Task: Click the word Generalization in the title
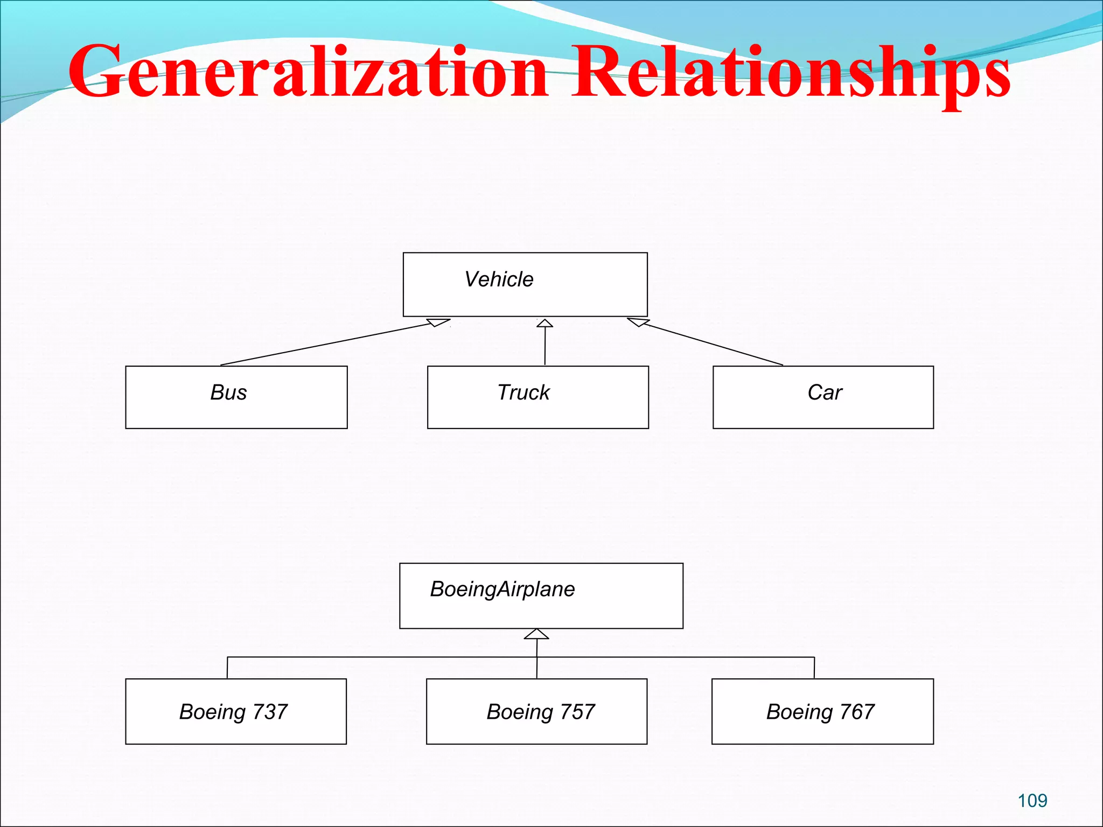(x=307, y=73)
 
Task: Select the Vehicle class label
(x=499, y=279)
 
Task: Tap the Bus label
(x=228, y=393)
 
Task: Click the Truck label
(x=523, y=393)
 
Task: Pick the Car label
(x=825, y=393)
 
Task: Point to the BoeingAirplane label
(x=502, y=589)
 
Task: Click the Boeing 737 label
(x=233, y=712)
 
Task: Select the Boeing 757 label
(x=541, y=712)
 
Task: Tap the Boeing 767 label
(x=820, y=712)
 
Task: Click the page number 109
(x=1032, y=801)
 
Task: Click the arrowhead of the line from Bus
(x=438, y=323)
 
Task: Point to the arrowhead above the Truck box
(x=544, y=323)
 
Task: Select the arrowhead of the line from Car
(x=638, y=322)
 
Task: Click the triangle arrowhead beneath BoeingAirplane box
(x=536, y=634)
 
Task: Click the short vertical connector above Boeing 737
(x=227, y=668)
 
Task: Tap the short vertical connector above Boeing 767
(x=814, y=668)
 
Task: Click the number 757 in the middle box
(x=577, y=712)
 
